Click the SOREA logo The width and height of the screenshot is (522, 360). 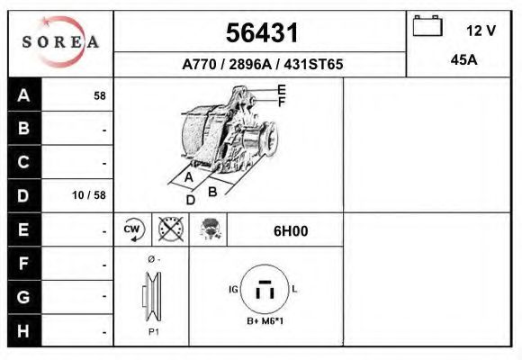tap(61, 42)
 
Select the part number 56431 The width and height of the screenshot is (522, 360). tap(261, 33)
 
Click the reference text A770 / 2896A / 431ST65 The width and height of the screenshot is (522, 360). tap(262, 66)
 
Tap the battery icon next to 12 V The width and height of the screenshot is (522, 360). tap(428, 27)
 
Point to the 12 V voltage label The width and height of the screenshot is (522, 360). tap(481, 31)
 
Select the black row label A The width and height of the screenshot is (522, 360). tap(24, 95)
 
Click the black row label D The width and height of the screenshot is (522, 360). tap(24, 195)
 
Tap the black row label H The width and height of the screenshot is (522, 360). tap(24, 330)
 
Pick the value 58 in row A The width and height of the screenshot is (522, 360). tap(100, 95)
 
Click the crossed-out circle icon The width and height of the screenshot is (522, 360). tap(169, 230)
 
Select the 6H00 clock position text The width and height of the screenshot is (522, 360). tap(291, 230)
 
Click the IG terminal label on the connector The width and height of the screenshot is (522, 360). tap(233, 290)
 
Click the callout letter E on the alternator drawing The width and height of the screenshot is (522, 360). tap(282, 89)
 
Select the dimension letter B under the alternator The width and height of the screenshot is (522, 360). tap(213, 191)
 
